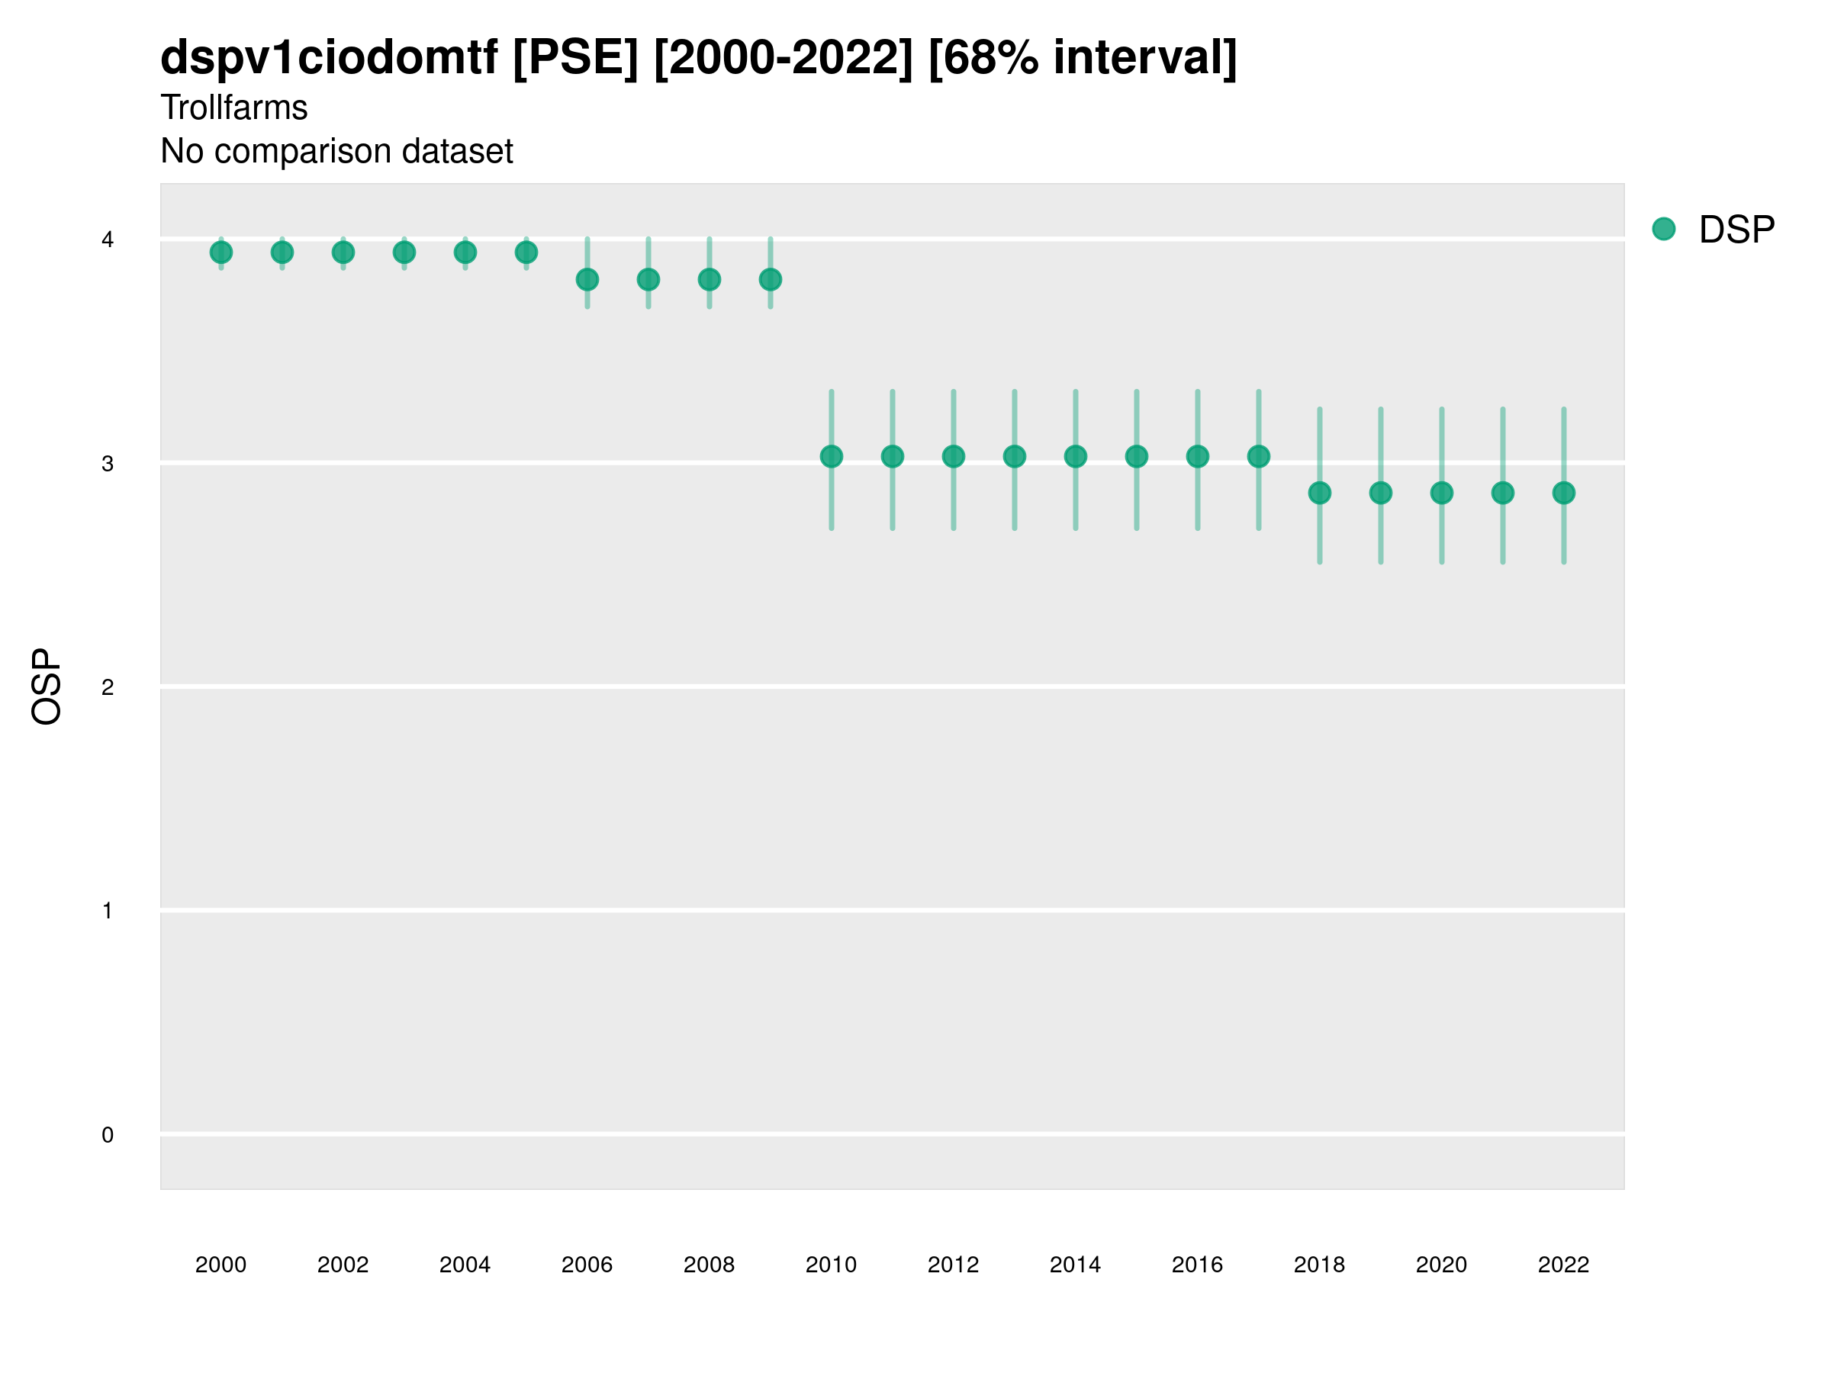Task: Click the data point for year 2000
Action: coord(221,252)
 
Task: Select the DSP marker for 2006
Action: coord(587,280)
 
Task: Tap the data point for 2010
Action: coord(831,456)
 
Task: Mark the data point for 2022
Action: coord(1564,494)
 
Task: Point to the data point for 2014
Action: coord(1075,456)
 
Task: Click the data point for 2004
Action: coord(465,252)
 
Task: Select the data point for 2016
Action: coord(1198,456)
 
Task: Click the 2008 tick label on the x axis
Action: coord(710,1265)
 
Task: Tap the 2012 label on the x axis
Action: coord(954,1265)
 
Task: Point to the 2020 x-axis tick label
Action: coord(1441,1265)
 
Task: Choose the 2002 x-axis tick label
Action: coord(343,1265)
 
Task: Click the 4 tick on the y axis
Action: coord(108,240)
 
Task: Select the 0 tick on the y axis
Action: coord(108,1135)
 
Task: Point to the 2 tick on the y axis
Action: coord(108,687)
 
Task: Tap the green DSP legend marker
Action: coord(1664,230)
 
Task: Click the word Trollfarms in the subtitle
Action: coord(234,108)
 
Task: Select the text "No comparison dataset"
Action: coord(337,152)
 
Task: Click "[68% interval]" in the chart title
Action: coord(1082,58)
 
